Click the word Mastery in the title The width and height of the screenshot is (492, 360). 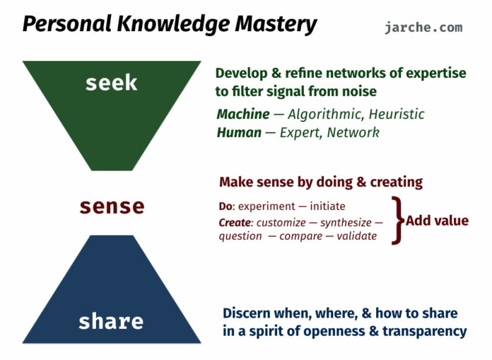click(x=276, y=25)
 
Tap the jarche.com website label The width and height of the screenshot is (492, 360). click(x=423, y=28)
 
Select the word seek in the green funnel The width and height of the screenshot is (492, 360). click(x=112, y=83)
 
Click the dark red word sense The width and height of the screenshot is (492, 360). click(x=112, y=207)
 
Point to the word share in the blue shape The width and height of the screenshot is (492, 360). click(x=111, y=321)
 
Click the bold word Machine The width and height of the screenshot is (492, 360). click(x=243, y=115)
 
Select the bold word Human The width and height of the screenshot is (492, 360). click(x=239, y=132)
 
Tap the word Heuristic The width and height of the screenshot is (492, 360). click(x=397, y=115)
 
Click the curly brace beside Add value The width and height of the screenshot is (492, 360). click(x=397, y=221)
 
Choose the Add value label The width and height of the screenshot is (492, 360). click(x=437, y=221)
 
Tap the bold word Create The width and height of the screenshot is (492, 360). click(x=235, y=223)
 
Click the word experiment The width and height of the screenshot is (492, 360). click(x=266, y=207)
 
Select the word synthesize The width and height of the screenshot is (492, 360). click(x=346, y=223)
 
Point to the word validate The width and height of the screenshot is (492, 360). click(x=357, y=236)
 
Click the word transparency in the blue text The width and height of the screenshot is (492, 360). click(x=425, y=332)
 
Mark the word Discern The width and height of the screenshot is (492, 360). click(x=247, y=313)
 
